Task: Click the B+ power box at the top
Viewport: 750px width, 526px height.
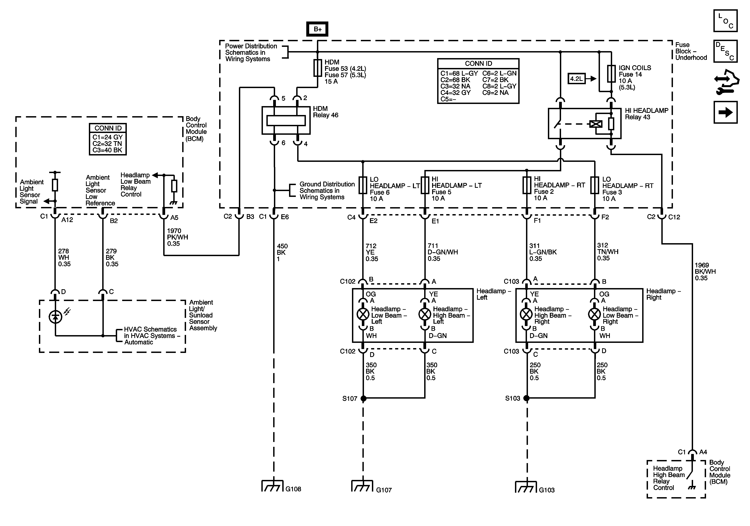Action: [x=317, y=29]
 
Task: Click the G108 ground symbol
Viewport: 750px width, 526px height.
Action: [x=272, y=486]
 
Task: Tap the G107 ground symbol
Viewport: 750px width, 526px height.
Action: [x=362, y=486]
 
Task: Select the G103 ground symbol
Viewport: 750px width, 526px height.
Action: [x=526, y=487]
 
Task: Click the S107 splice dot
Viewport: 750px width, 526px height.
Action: [x=363, y=398]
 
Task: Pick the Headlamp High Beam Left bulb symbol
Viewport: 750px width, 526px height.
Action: [x=425, y=314]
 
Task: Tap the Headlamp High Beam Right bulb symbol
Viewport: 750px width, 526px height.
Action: [x=526, y=314]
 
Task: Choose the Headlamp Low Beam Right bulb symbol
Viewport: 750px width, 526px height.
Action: [x=595, y=314]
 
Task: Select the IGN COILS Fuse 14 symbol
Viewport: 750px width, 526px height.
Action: [x=611, y=74]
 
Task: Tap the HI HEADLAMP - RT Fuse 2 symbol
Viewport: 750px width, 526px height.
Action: [x=527, y=185]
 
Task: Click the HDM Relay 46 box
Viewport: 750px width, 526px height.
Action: [x=286, y=120]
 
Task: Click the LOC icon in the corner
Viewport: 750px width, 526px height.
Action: [x=725, y=21]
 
